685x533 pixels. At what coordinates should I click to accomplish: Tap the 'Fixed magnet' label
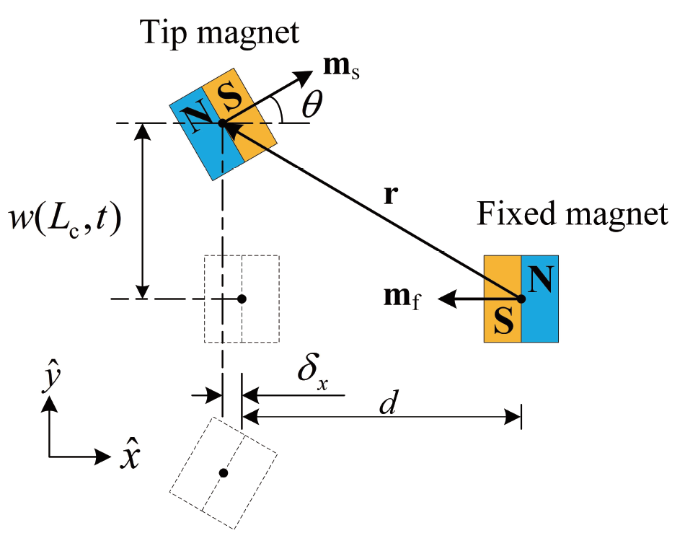573,213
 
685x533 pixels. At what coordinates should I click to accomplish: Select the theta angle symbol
311,106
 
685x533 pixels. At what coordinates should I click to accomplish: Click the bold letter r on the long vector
389,196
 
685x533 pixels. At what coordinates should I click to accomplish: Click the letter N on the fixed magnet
542,278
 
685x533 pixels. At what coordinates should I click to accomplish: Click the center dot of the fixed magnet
520,298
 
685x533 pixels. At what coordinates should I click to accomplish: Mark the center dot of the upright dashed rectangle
242,299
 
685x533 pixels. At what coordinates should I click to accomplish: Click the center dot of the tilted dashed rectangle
224,473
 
